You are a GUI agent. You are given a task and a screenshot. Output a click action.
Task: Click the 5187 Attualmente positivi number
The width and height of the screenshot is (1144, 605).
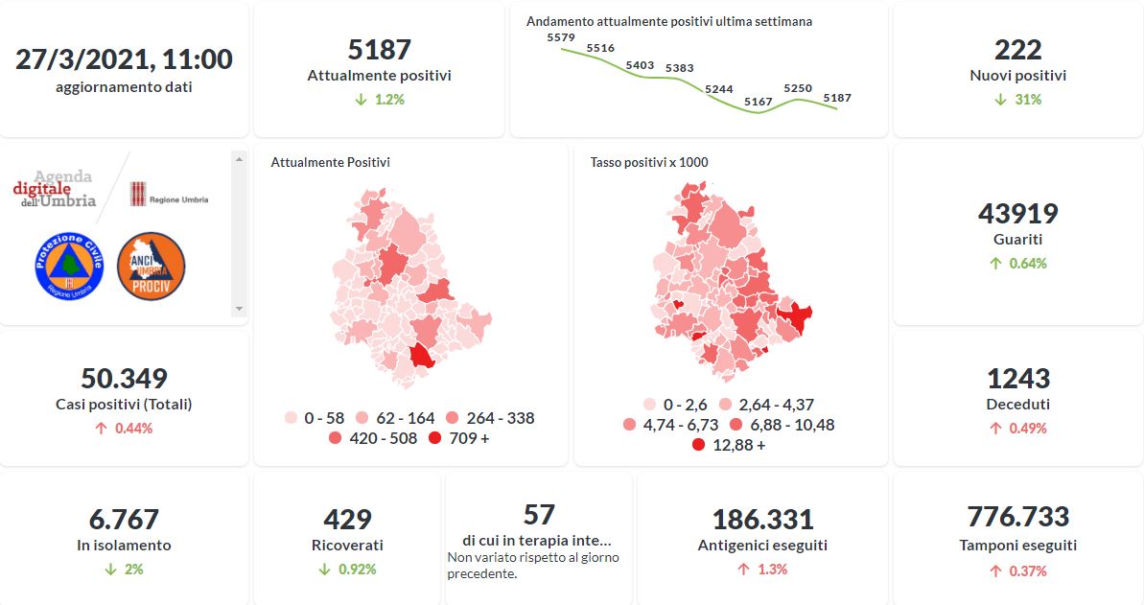pos(379,49)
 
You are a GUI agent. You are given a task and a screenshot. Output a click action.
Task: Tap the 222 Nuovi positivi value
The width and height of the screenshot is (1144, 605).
pos(1017,49)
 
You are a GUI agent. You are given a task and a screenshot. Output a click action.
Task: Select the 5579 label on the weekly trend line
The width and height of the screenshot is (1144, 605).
pos(560,37)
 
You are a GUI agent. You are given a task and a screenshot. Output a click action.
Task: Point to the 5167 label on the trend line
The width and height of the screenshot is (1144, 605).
pos(758,102)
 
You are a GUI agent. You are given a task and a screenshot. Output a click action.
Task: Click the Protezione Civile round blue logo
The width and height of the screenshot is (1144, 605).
pos(69,266)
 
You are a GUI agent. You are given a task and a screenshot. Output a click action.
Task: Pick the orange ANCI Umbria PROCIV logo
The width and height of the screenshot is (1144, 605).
pos(151,266)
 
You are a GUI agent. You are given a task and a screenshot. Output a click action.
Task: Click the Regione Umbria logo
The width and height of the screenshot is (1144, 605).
pos(169,194)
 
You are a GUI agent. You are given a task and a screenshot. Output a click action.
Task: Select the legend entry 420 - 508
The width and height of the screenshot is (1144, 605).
pos(373,438)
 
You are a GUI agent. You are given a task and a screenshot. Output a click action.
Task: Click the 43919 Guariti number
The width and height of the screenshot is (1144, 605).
pos(1017,213)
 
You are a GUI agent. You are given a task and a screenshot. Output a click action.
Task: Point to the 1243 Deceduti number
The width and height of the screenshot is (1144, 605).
pos(1017,378)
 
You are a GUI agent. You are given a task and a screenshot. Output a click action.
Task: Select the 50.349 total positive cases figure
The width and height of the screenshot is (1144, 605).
pos(124,378)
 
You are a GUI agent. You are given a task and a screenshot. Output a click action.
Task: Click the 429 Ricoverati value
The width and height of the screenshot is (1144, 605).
pos(347,519)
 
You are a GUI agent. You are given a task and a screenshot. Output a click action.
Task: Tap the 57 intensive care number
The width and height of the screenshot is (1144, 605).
pos(539,515)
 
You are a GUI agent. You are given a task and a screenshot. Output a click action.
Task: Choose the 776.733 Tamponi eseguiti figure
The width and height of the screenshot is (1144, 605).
pos(1017,517)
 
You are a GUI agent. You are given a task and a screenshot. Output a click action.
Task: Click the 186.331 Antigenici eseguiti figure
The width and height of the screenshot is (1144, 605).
pos(762,520)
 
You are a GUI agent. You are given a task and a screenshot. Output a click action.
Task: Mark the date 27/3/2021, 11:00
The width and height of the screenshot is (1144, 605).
pos(124,59)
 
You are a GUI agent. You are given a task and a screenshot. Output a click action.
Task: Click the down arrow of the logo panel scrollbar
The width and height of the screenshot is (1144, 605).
pos(240,309)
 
